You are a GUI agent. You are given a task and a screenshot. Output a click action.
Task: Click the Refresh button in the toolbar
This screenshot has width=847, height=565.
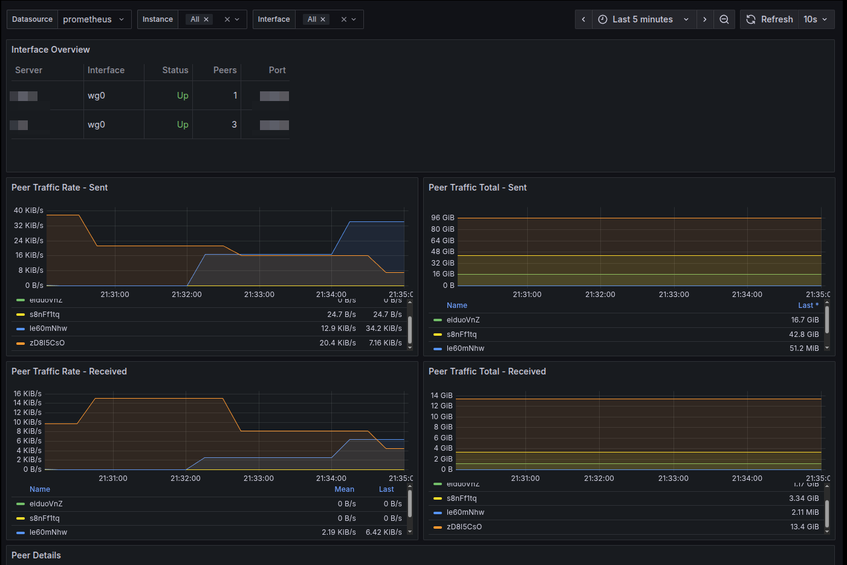click(770, 19)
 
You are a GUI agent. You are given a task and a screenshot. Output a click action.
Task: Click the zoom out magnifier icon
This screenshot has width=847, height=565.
click(724, 19)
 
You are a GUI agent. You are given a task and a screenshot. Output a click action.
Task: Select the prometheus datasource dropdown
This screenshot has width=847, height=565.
click(94, 19)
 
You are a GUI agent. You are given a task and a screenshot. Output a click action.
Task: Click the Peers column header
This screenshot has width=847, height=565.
click(225, 70)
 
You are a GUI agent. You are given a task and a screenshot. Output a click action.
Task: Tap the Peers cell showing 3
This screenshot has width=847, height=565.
click(234, 125)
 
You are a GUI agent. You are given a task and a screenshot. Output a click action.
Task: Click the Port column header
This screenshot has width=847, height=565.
click(277, 70)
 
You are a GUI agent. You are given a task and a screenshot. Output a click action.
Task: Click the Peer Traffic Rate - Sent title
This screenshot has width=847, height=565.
click(59, 188)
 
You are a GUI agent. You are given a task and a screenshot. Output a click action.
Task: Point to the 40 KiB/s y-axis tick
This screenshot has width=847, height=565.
click(28, 211)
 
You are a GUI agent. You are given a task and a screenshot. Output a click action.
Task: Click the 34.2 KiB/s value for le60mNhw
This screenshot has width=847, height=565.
click(383, 328)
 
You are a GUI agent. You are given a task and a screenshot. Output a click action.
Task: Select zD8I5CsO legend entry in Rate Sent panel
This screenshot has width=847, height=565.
click(47, 343)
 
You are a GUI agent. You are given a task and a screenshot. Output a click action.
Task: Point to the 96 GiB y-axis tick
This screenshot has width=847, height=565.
click(443, 218)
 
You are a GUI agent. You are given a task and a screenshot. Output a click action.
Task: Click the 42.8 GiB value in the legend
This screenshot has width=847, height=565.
click(803, 335)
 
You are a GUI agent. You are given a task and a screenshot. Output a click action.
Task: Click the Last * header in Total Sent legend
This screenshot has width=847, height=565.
click(808, 305)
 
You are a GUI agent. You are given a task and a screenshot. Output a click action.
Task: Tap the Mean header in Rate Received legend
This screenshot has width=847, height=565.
click(344, 489)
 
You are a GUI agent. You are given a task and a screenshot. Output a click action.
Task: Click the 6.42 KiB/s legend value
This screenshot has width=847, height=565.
click(383, 532)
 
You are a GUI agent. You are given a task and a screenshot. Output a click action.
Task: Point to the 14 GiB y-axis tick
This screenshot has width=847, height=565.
click(441, 396)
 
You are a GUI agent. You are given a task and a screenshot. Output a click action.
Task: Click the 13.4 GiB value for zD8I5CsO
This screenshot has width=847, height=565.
click(804, 527)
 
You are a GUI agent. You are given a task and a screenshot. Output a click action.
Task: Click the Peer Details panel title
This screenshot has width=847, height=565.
click(36, 555)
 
